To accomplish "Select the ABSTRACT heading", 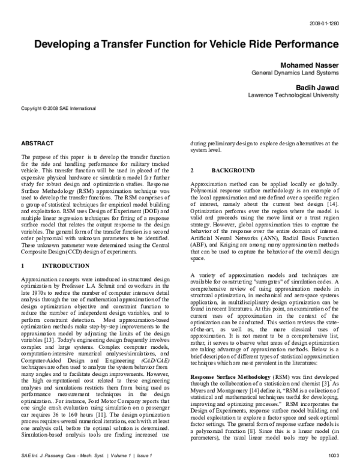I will (x=37, y=145).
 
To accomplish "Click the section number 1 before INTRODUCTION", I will (x=22, y=264).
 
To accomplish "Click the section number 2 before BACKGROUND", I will (x=191, y=171).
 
